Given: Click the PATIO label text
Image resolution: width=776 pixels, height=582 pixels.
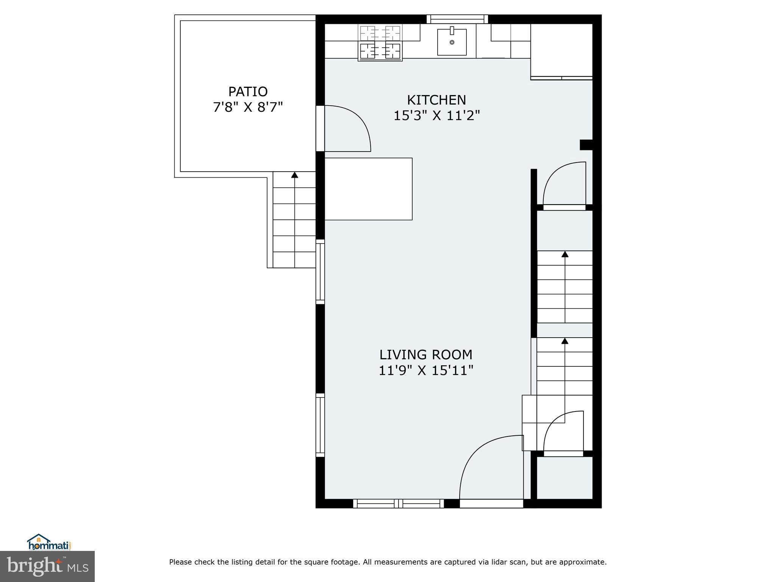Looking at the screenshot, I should coord(248,92).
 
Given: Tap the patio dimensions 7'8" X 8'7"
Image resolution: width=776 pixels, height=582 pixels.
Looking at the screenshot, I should coord(248,107).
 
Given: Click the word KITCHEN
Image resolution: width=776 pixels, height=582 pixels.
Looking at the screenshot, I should coord(436,100).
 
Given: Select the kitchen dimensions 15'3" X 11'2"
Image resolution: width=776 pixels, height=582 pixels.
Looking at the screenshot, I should coord(436,116).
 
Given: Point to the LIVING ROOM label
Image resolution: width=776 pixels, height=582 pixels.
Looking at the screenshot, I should coord(426,355).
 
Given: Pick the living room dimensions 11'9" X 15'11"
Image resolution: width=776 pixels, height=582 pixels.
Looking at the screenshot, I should coord(426,370).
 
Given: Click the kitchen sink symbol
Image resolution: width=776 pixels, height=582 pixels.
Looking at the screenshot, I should coord(452,42).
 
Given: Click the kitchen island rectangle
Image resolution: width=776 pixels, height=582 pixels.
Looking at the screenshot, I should coord(368,189).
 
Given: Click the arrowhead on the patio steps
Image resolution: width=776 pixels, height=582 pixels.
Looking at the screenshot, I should coord(294,175).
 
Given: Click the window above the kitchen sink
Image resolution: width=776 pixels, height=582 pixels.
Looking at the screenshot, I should coord(457,19).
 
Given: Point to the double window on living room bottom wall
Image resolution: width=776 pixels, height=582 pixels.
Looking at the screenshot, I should coord(398,504).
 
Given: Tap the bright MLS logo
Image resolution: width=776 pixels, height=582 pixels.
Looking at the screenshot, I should coord(47,566).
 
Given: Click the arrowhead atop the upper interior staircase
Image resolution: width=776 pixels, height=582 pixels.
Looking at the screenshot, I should coord(565,254).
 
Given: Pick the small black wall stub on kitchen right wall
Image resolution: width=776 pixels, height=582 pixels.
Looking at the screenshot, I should coord(586,145).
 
